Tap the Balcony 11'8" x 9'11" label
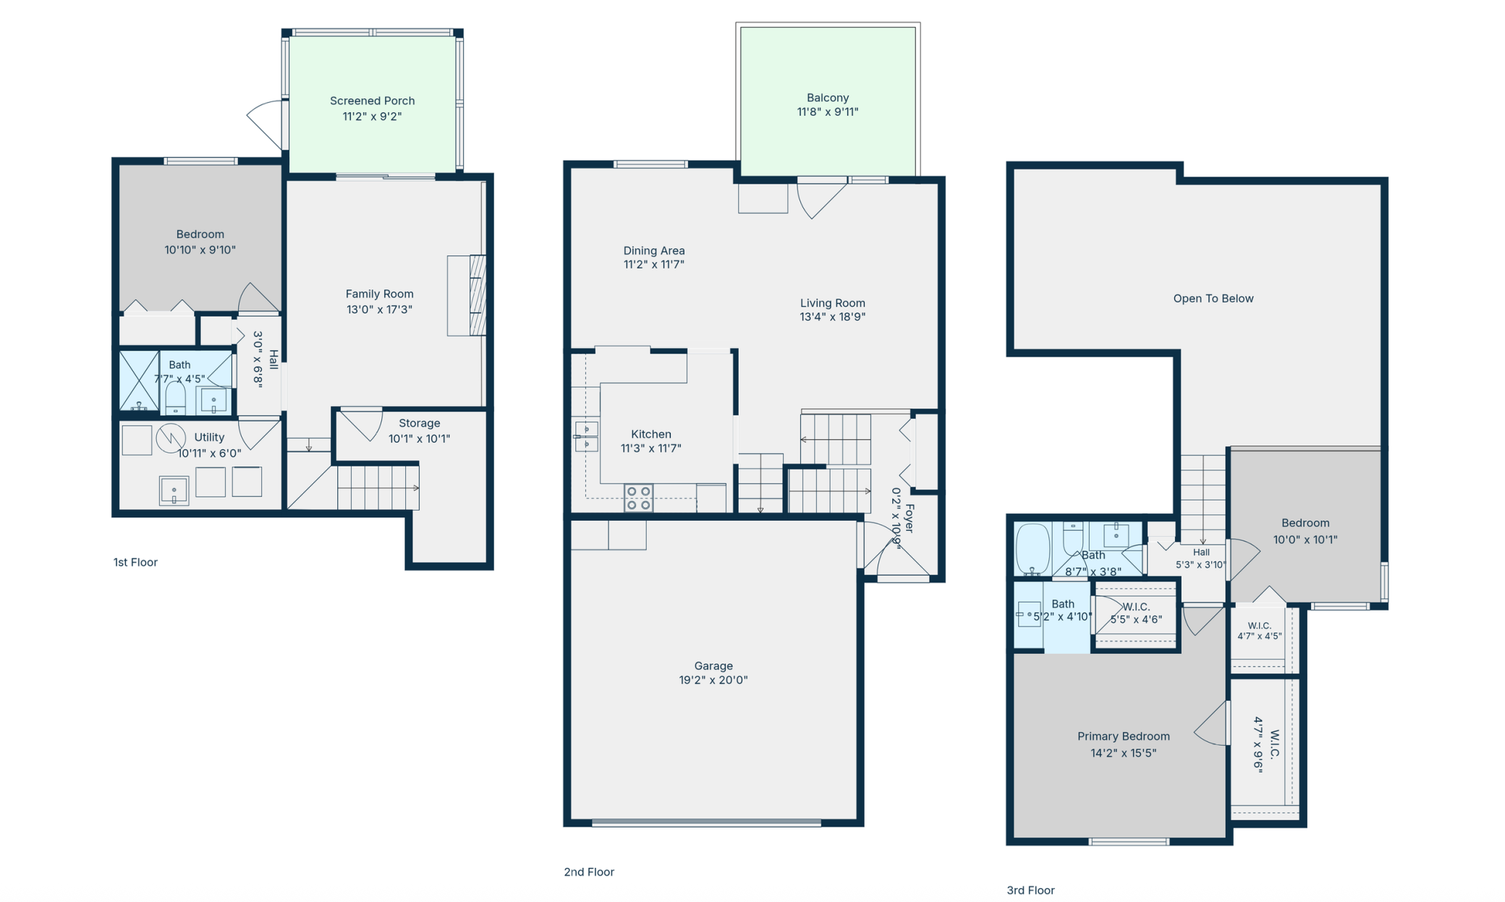click(x=828, y=104)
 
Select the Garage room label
click(x=713, y=672)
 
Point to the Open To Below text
click(x=1213, y=298)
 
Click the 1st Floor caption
click(x=135, y=562)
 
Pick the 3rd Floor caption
click(x=1030, y=890)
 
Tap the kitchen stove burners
click(x=638, y=498)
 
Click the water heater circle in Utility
click(x=171, y=438)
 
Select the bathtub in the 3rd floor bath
click(x=1033, y=549)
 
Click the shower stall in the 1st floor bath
click(x=139, y=380)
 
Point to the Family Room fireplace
click(x=467, y=295)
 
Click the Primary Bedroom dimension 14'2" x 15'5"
click(x=1123, y=752)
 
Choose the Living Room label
click(x=833, y=310)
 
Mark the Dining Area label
click(x=654, y=257)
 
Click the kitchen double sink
click(x=586, y=436)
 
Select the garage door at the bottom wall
click(x=706, y=822)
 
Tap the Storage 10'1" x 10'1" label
click(x=419, y=430)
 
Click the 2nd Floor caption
click(x=589, y=872)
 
